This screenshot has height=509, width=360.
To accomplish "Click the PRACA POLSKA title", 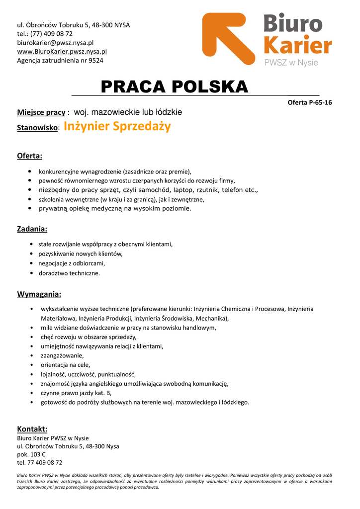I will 174,86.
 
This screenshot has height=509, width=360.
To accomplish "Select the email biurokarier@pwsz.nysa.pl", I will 55,43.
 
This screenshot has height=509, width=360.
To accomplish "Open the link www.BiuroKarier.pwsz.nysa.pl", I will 62,52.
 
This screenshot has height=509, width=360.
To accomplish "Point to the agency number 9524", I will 96,61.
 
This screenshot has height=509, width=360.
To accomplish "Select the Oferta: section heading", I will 30,156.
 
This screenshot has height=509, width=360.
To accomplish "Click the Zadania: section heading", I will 32,229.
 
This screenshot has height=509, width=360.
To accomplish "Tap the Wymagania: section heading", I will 39,294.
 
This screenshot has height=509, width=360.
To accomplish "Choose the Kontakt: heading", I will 32,429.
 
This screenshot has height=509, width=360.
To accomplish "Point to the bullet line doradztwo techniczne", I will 69,273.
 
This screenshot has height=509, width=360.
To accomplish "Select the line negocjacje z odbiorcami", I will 72,263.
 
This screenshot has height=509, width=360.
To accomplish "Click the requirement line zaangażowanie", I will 62,355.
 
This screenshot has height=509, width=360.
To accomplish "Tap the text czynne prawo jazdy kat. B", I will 76,393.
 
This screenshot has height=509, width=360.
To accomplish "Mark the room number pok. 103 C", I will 31,454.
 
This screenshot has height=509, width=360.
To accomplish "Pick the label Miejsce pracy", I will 41,112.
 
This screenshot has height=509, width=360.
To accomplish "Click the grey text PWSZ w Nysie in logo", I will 291,63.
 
